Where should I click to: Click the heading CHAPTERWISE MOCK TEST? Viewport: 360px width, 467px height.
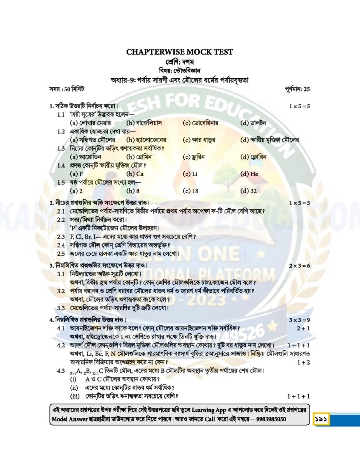coord(180,52)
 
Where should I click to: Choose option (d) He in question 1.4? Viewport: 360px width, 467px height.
coord(249,174)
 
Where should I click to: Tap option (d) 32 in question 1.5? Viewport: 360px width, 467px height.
coord(249,191)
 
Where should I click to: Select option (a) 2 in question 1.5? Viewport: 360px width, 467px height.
coord(76,191)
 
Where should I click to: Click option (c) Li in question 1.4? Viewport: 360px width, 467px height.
coord(190,174)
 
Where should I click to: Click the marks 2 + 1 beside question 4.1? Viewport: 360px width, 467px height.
coord(303,328)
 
